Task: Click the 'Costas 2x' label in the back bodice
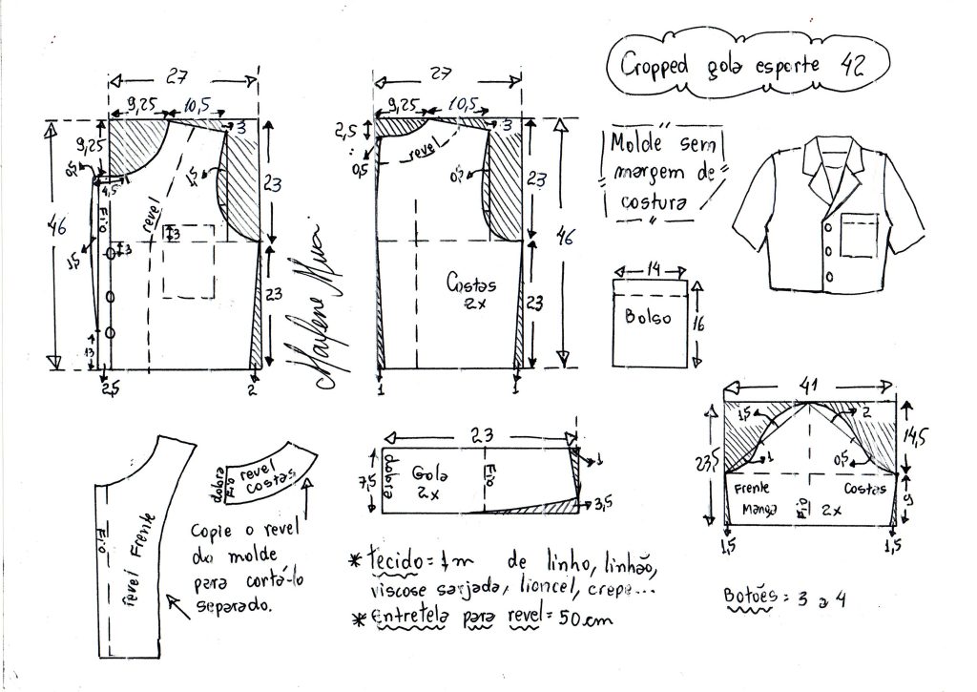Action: click(468, 291)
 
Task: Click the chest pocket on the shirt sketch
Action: click(859, 236)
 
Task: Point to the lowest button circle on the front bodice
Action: click(111, 332)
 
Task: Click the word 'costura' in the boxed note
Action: click(655, 203)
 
